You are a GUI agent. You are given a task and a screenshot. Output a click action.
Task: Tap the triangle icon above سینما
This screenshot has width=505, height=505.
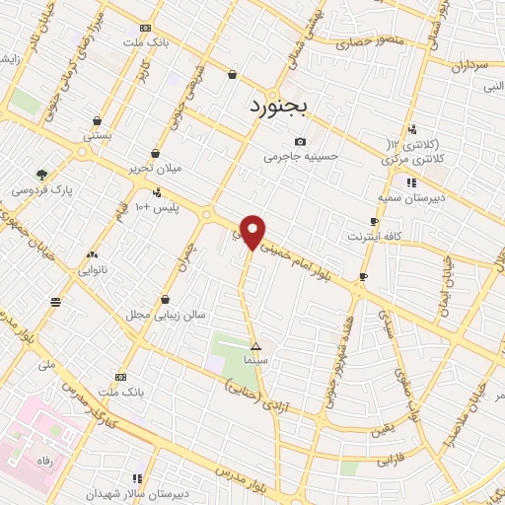click(256, 346)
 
